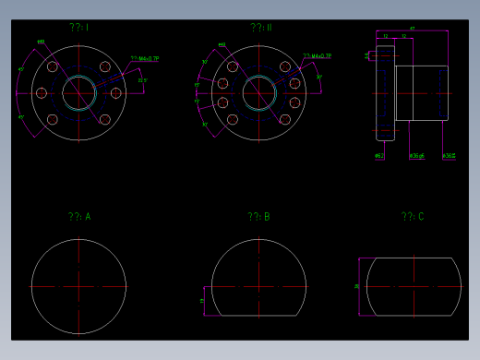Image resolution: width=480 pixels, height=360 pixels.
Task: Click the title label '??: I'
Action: (78, 28)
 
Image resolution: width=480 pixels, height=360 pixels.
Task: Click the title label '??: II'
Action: (261, 28)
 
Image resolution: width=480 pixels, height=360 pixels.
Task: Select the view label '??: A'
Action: (79, 217)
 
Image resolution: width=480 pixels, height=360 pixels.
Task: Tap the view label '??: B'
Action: (258, 217)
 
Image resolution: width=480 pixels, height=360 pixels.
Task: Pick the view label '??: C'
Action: (413, 217)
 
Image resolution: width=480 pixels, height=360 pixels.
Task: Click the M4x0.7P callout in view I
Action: (146, 58)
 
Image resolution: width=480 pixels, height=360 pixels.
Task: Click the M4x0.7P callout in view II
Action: (320, 56)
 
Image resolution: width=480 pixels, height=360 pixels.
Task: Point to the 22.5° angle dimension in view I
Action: (141, 81)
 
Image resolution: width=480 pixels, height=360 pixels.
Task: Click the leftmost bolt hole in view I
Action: (42, 92)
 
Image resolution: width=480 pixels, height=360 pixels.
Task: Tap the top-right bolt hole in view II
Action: (285, 66)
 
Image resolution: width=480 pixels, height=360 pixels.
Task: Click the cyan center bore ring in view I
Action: (78, 77)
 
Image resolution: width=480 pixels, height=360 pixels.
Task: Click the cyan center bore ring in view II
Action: (258, 77)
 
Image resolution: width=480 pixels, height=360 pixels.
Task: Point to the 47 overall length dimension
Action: (412, 29)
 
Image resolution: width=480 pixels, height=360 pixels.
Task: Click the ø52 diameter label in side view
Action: (379, 156)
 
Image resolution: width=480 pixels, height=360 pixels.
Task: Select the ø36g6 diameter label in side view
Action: (417, 156)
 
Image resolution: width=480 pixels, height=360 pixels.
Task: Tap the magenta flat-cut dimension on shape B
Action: (202, 301)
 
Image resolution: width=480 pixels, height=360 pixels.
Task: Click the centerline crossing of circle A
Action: (78, 286)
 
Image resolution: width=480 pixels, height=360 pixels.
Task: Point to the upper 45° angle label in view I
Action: (21, 69)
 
